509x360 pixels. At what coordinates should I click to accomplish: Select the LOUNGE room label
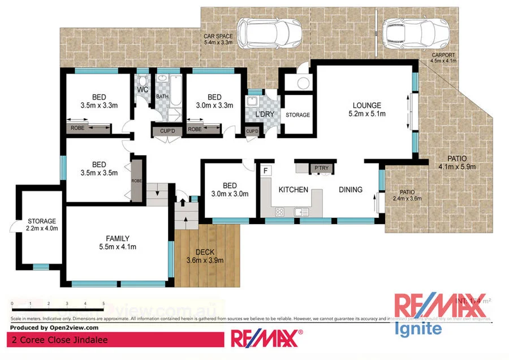[367, 105]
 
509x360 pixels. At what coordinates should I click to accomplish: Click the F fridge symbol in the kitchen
[265, 170]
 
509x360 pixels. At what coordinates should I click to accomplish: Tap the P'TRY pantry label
[321, 168]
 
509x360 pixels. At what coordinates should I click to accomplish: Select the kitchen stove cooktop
[279, 212]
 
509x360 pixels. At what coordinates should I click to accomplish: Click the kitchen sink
[301, 212]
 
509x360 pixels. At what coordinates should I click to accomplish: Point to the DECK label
[204, 252]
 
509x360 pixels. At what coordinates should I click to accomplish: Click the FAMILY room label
[118, 238]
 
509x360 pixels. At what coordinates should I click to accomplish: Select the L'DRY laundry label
[264, 115]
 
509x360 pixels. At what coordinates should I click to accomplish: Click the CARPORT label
[443, 55]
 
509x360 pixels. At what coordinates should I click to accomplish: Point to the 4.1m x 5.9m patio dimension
[457, 166]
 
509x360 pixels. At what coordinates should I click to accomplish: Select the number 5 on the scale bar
[103, 304]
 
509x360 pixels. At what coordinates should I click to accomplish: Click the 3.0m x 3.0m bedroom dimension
[229, 194]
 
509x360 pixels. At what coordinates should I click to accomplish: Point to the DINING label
[351, 190]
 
